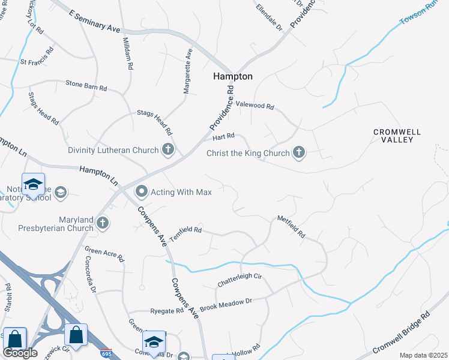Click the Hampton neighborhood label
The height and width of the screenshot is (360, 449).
coord(232,77)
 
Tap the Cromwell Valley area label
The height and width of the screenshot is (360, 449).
coord(397,136)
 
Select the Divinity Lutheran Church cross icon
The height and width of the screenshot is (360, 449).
coord(168,150)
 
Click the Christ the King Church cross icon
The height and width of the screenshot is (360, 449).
coord(298,153)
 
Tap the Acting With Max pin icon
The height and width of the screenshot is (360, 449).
coord(142,192)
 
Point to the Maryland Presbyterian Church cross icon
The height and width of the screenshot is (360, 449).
coord(103,224)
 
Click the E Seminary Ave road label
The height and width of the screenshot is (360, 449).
coord(95,20)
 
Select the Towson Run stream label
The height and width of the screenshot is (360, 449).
coord(420,15)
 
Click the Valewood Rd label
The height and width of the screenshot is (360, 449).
coord(255,105)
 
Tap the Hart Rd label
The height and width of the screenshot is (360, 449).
coord(223,137)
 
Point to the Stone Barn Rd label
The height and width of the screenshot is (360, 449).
coord(86,85)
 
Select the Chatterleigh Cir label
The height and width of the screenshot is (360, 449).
coord(240,277)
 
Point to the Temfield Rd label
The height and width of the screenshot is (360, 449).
coord(185,233)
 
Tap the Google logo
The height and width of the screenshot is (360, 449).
coord(20,352)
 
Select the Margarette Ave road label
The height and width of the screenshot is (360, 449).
coord(188,71)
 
